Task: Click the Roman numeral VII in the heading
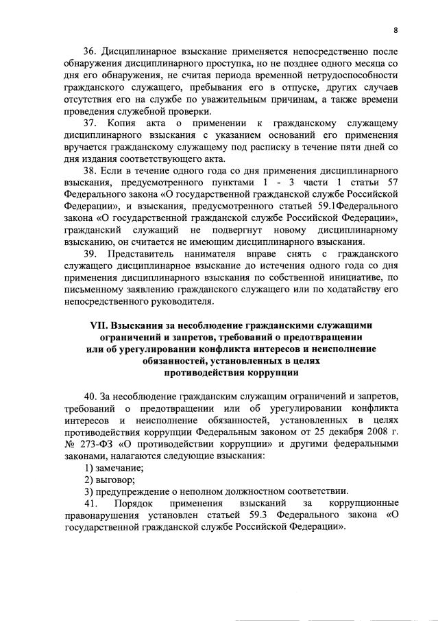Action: click(x=102, y=326)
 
